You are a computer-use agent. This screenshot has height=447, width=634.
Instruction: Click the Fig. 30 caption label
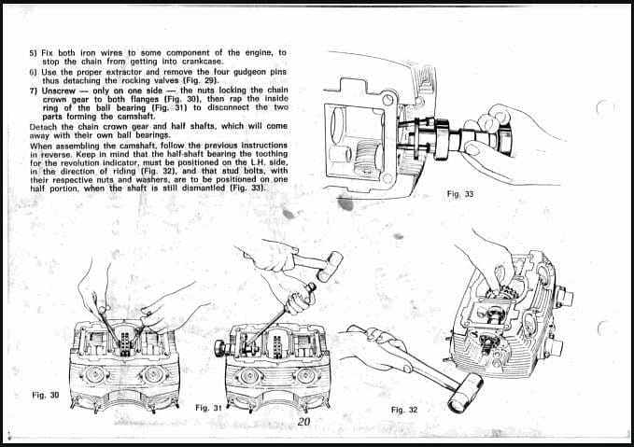point(45,395)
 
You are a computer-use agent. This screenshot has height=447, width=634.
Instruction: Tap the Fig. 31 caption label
point(208,408)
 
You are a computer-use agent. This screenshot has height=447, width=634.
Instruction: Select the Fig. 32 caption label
point(404,410)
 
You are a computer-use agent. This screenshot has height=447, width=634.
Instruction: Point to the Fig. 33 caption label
point(460,194)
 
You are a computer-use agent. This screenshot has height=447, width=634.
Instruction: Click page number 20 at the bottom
point(303,422)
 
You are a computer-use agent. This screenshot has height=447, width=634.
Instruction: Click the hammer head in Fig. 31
point(330,266)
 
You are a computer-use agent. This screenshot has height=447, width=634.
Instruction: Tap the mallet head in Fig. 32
point(465,393)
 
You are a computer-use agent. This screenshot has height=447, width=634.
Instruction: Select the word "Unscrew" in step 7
point(59,91)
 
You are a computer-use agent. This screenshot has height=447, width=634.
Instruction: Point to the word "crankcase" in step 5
point(203,62)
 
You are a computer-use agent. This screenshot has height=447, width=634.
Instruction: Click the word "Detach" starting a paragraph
point(42,127)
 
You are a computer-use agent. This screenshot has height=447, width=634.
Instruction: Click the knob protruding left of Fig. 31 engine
point(220,348)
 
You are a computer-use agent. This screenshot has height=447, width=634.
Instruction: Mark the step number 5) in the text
point(34,53)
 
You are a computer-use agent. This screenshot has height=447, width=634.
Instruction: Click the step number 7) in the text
point(34,91)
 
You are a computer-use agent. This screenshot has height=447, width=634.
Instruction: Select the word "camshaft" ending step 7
point(135,117)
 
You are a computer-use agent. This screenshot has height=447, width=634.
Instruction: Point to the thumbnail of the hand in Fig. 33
point(472,149)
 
